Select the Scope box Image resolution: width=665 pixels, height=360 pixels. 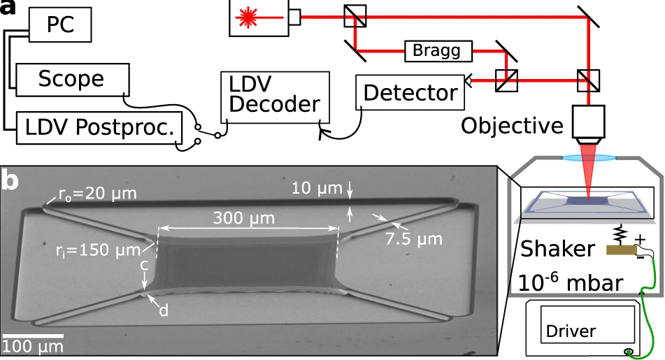pos(71,79)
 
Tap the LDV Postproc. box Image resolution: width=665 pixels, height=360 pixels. pos(99,127)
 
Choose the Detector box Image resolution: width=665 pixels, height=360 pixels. pos(410,92)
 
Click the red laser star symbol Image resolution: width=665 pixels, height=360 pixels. pos(248,17)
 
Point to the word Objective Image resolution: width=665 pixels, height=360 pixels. pos(512,126)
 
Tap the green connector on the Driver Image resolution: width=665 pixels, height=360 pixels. pos(629,351)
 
